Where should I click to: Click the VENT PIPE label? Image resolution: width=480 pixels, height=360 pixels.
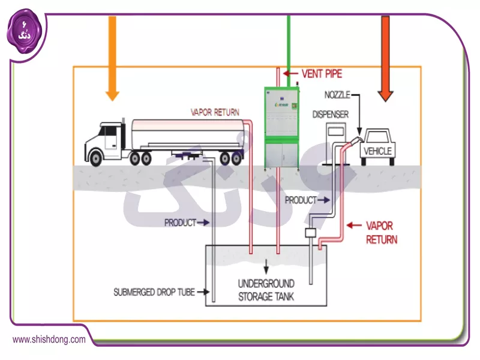pyautogui.click(x=322, y=74)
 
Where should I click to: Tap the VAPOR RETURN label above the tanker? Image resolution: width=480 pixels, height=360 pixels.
pyautogui.click(x=215, y=112)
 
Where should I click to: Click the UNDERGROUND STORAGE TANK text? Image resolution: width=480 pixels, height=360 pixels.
pyautogui.click(x=266, y=290)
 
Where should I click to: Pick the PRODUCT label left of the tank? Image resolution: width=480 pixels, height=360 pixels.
pyautogui.click(x=180, y=223)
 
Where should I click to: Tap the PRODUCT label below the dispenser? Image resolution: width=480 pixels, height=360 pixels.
pyautogui.click(x=301, y=200)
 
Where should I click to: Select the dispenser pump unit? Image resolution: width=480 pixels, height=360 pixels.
pyautogui.click(x=337, y=141)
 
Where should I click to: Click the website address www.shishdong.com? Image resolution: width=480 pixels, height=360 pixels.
pyautogui.click(x=49, y=340)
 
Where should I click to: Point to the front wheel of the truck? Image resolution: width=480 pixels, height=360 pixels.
pyautogui.click(x=95, y=158)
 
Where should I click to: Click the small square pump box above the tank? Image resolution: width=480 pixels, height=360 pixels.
pyautogui.click(x=311, y=233)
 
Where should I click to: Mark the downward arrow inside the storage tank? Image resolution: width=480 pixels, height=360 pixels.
pyautogui.click(x=266, y=265)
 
